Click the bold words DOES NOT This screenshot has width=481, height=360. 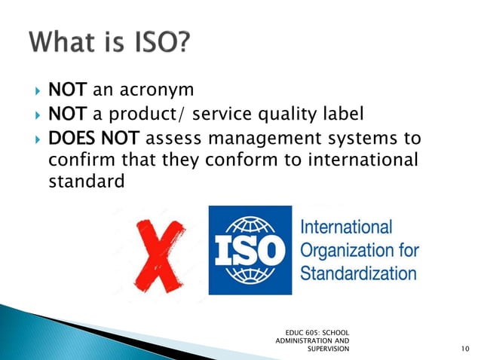pyautogui.click(x=93, y=139)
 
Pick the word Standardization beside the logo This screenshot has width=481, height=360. pyautogui.click(x=358, y=272)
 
